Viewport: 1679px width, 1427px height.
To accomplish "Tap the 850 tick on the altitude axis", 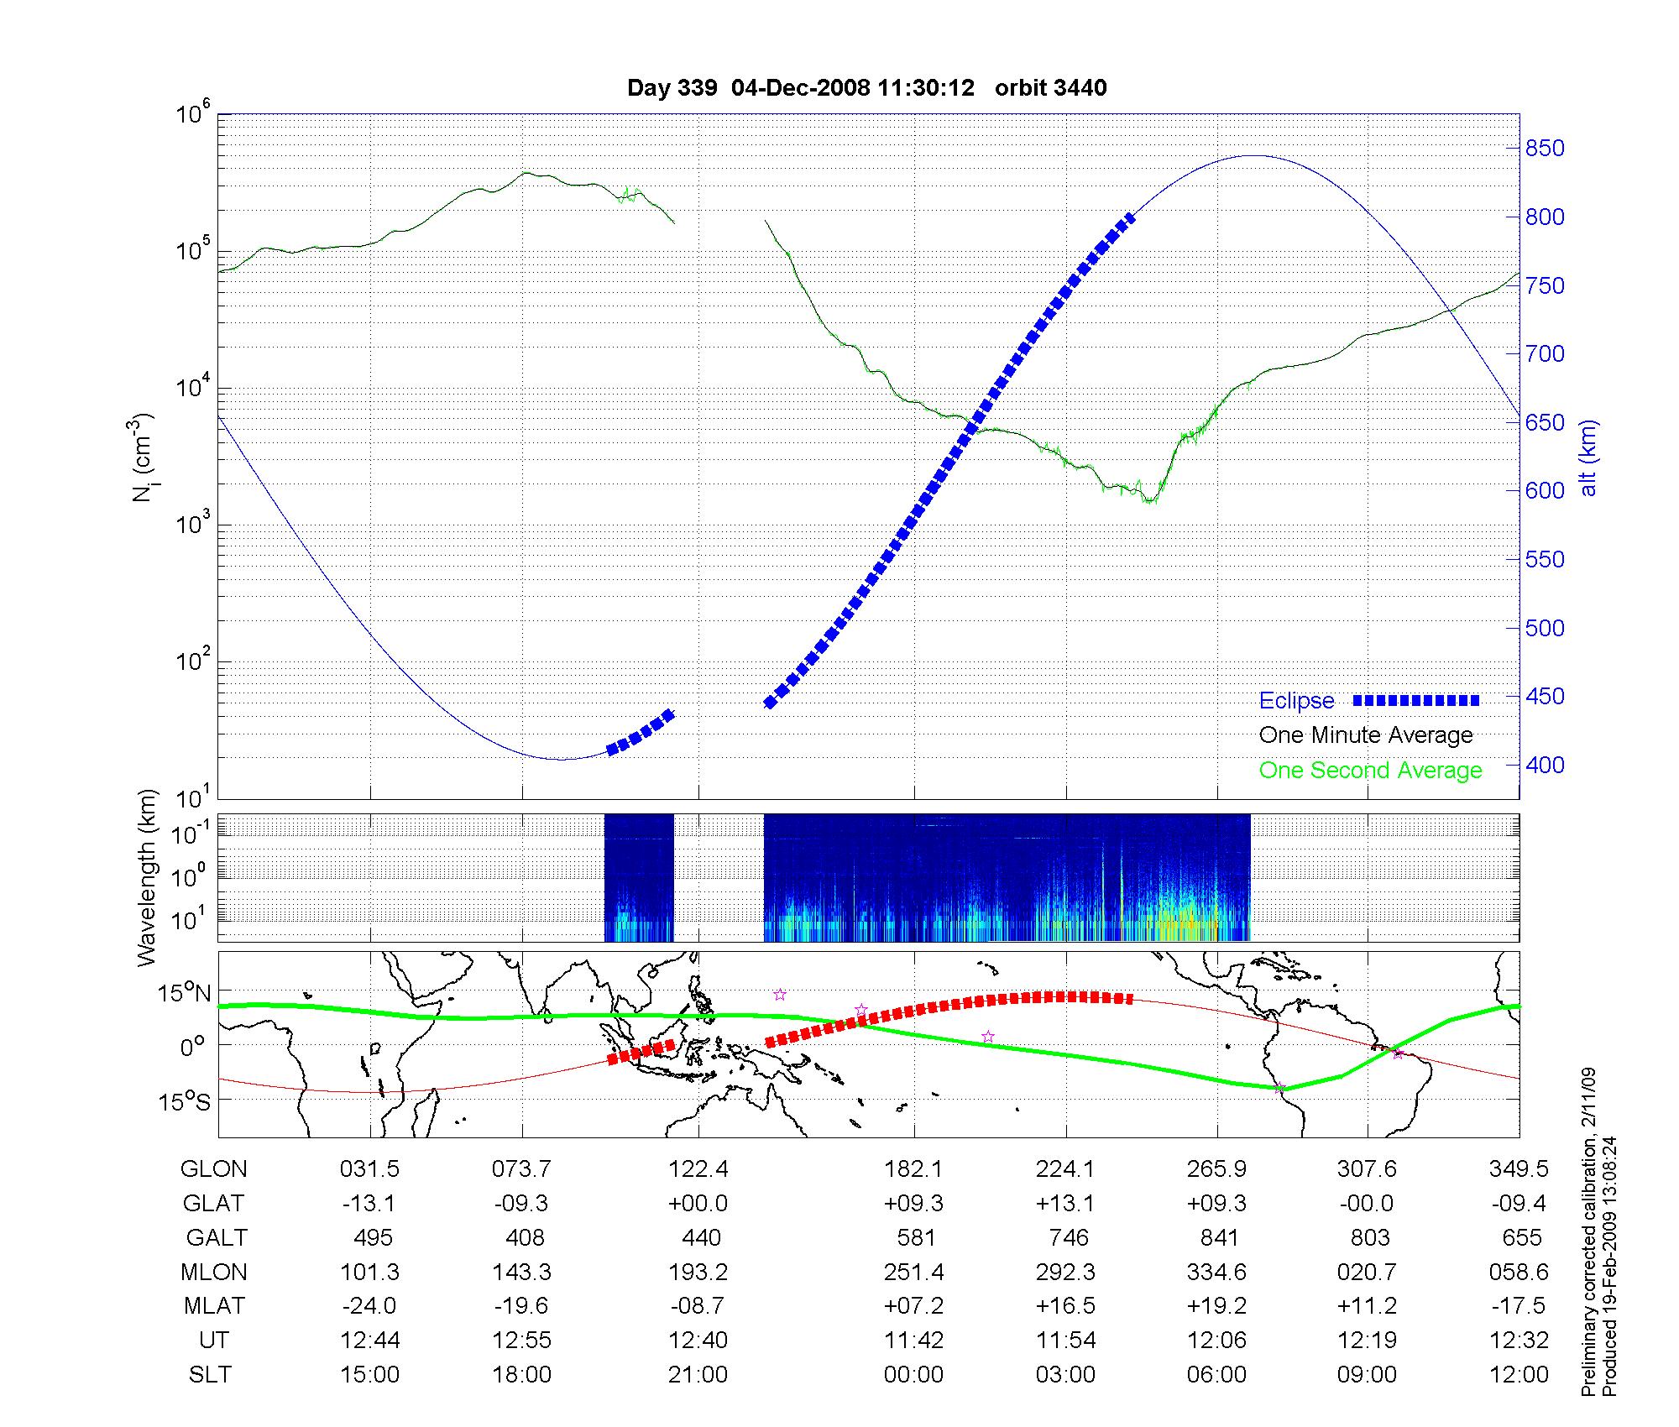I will (1545, 149).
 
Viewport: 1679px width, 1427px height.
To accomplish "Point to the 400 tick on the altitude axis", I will (1545, 765).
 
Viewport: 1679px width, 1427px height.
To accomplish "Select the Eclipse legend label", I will (1296, 701).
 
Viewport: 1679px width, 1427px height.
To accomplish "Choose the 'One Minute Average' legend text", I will (1366, 735).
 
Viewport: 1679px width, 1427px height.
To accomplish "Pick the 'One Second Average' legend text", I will (1370, 771).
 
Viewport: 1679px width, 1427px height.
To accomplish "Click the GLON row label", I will (214, 1169).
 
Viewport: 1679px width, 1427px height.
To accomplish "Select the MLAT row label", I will (214, 1306).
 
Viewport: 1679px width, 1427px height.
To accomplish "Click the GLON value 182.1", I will (913, 1169).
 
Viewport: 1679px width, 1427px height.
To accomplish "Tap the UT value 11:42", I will (913, 1341).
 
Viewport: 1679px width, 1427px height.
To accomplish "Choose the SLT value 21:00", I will (698, 1375).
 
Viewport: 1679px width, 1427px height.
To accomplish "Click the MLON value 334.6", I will (1216, 1272).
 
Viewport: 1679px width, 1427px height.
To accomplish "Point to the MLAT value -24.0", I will (369, 1306).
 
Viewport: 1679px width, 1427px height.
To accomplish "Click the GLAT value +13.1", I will (1065, 1204).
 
